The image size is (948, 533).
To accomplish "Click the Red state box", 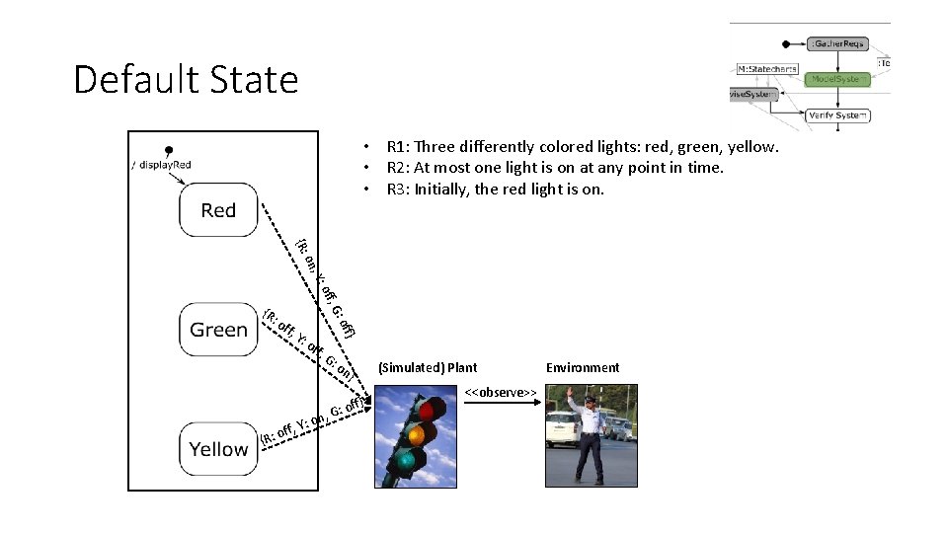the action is (x=218, y=210).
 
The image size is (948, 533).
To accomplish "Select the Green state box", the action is (x=218, y=330).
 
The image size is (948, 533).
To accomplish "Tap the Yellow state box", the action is (x=218, y=449).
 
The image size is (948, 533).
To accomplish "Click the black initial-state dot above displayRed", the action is (x=169, y=150).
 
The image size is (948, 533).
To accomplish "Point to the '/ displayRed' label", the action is (x=161, y=165).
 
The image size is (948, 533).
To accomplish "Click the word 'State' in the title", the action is (x=251, y=79).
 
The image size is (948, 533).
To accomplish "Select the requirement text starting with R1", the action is (x=583, y=147).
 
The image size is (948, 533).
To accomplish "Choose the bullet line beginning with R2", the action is (x=555, y=168).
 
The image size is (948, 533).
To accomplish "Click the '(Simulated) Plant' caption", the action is (x=428, y=368).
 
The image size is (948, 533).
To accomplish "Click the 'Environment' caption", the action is (x=583, y=368).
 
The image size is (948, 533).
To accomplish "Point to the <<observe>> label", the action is (x=501, y=393).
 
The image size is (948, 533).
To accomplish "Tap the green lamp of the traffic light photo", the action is (x=407, y=460).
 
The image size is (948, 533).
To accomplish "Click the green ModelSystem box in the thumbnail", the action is (x=837, y=79).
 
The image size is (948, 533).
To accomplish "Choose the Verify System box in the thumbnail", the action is (x=837, y=115).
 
